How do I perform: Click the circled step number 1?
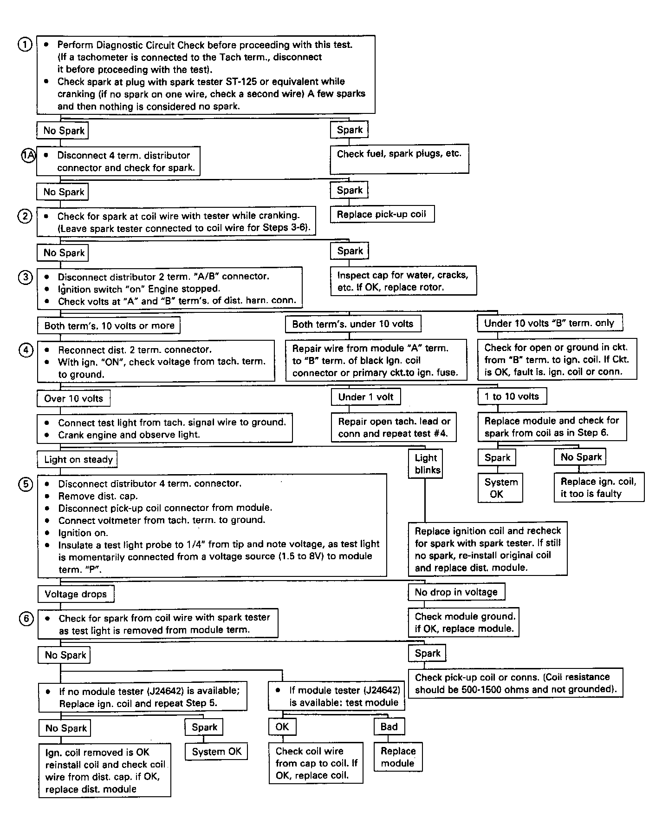[25, 45]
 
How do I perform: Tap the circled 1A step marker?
[28, 155]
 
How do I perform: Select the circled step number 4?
[26, 350]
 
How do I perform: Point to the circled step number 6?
[26, 619]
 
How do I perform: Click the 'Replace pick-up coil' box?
[382, 214]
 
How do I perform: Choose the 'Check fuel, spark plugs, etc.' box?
[399, 159]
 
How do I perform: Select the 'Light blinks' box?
[426, 463]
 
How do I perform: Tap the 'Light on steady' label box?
[78, 460]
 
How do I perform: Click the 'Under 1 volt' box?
[365, 397]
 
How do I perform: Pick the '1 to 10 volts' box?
[512, 397]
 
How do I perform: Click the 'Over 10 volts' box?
[73, 398]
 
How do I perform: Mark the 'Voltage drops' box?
[75, 594]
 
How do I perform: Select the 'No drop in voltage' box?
[456, 592]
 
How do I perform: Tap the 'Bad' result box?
[389, 727]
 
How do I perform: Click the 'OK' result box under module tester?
[282, 727]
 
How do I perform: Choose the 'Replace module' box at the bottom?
[398, 757]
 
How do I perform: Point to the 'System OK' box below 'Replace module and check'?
[500, 488]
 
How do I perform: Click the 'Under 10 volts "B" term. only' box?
[549, 323]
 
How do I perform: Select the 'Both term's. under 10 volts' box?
[353, 324]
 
